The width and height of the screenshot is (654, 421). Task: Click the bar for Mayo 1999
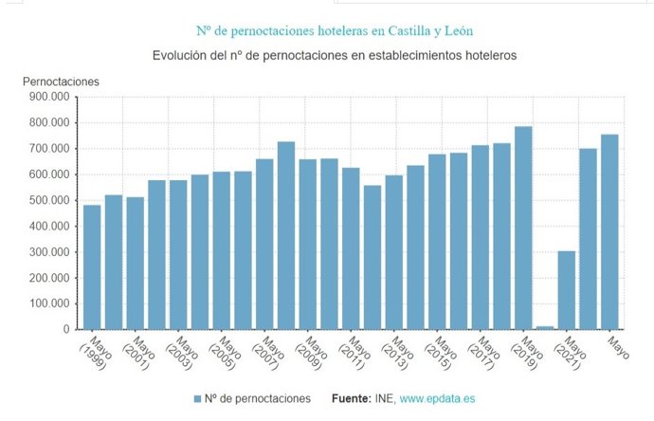[x=92, y=267]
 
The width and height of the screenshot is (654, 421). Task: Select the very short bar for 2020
[x=544, y=327]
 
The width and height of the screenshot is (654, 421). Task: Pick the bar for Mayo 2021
[x=566, y=290]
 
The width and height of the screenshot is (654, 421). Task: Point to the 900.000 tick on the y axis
[x=49, y=97]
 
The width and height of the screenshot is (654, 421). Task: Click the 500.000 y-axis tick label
[x=49, y=200]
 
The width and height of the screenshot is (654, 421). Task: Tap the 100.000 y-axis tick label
[x=49, y=304]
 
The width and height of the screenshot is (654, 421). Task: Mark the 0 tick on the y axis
[x=64, y=330]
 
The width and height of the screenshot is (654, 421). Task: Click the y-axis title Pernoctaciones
[x=61, y=82]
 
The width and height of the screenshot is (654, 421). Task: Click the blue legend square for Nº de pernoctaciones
[x=198, y=399]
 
